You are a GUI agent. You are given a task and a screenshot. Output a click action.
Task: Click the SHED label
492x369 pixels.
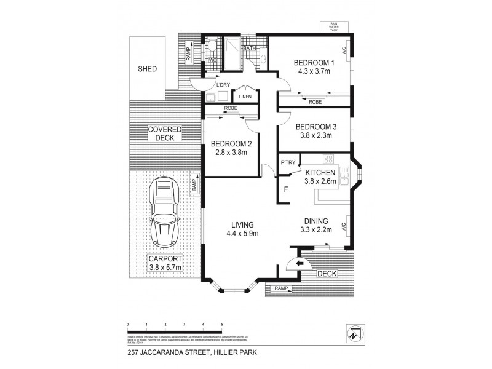pos(147,69)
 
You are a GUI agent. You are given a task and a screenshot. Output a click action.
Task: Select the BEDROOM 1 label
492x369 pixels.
pos(314,62)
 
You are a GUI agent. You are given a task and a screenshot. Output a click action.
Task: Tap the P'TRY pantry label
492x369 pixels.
pos(288,162)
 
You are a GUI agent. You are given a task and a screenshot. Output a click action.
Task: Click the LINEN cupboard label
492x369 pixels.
pos(245,97)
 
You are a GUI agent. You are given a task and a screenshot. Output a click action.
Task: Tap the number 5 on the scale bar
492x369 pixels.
pos(221,323)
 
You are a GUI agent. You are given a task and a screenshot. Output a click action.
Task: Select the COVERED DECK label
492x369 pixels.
pos(165,133)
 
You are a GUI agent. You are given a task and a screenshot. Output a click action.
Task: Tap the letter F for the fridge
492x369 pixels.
pos(286,189)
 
